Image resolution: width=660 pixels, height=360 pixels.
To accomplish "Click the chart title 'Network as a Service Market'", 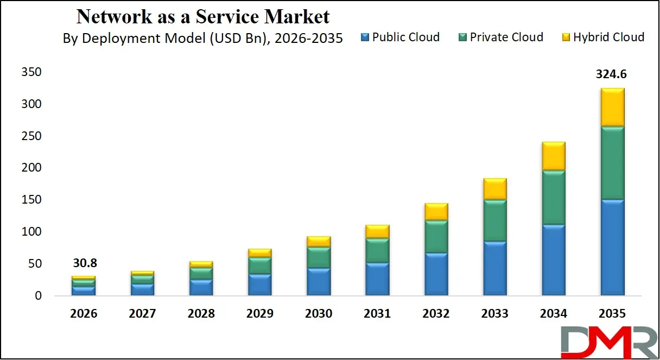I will [x=203, y=16].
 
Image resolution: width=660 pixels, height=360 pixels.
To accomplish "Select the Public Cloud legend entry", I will [x=399, y=37].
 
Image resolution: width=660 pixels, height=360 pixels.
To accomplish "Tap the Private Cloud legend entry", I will [x=500, y=37].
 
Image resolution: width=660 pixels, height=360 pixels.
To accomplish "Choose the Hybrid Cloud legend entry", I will [x=602, y=37].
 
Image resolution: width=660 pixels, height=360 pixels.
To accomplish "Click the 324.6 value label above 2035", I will [x=612, y=74].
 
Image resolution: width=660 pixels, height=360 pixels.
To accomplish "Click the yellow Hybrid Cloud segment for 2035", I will [x=612, y=108].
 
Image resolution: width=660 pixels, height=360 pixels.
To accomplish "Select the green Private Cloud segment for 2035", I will [x=612, y=163].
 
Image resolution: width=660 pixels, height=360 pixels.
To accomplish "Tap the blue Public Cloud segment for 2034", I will [x=553, y=260].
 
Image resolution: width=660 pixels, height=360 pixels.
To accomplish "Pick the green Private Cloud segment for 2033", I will [x=494, y=221].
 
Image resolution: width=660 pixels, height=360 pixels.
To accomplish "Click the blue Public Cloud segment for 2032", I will [x=436, y=274].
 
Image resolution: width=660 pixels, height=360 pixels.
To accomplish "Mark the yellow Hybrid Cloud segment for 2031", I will [x=377, y=231].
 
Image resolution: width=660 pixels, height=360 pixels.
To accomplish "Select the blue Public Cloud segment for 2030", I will [x=319, y=282].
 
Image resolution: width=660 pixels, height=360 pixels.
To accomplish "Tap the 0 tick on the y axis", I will [x=37, y=296].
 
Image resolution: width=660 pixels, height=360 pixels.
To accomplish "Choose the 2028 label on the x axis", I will [x=201, y=314].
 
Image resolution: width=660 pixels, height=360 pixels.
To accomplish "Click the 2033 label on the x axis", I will [x=494, y=314].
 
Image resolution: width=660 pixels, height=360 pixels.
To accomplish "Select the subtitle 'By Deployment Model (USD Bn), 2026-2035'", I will [x=202, y=38].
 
